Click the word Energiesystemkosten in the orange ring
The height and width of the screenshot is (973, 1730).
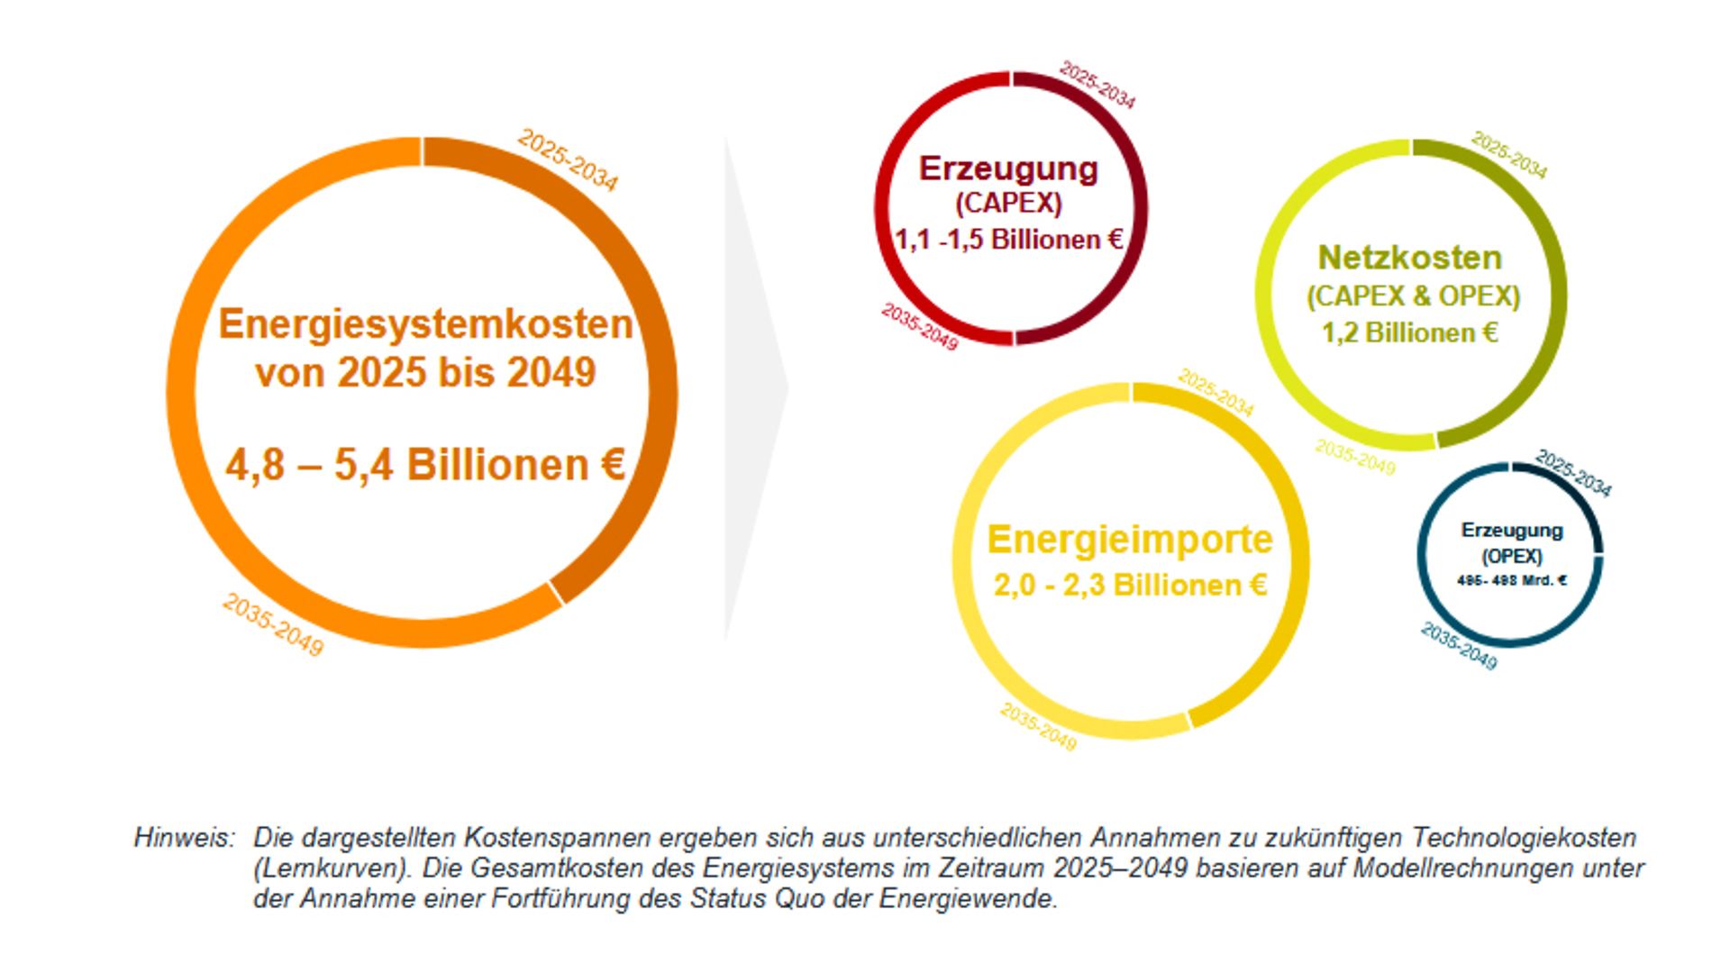[x=425, y=324]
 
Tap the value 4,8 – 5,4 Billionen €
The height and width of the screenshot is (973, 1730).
[x=425, y=465]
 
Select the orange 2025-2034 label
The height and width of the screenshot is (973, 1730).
[x=568, y=160]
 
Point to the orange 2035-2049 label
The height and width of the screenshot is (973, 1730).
[x=273, y=624]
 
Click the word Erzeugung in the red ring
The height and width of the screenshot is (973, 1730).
[x=1008, y=168]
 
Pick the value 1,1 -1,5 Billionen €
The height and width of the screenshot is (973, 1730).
[x=1008, y=240]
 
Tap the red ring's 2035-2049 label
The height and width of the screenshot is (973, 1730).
[x=919, y=326]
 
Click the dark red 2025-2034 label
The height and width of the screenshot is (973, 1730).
[x=1097, y=85]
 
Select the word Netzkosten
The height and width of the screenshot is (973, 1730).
[x=1410, y=258]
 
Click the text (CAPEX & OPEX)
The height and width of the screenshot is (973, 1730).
[x=1413, y=296]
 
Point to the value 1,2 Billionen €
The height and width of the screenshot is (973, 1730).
[x=1409, y=333]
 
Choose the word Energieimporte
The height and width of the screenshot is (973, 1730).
[x=1130, y=540]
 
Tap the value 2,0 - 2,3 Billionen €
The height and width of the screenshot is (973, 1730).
[x=1130, y=586]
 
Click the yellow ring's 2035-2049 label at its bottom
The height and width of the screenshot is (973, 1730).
[x=1038, y=727]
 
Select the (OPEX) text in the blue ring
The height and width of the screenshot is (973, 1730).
[x=1511, y=556]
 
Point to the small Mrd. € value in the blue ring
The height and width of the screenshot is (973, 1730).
[x=1511, y=581]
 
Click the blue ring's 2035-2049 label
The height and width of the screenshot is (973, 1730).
[x=1459, y=646]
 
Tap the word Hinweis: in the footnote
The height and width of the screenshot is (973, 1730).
[x=184, y=838]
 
